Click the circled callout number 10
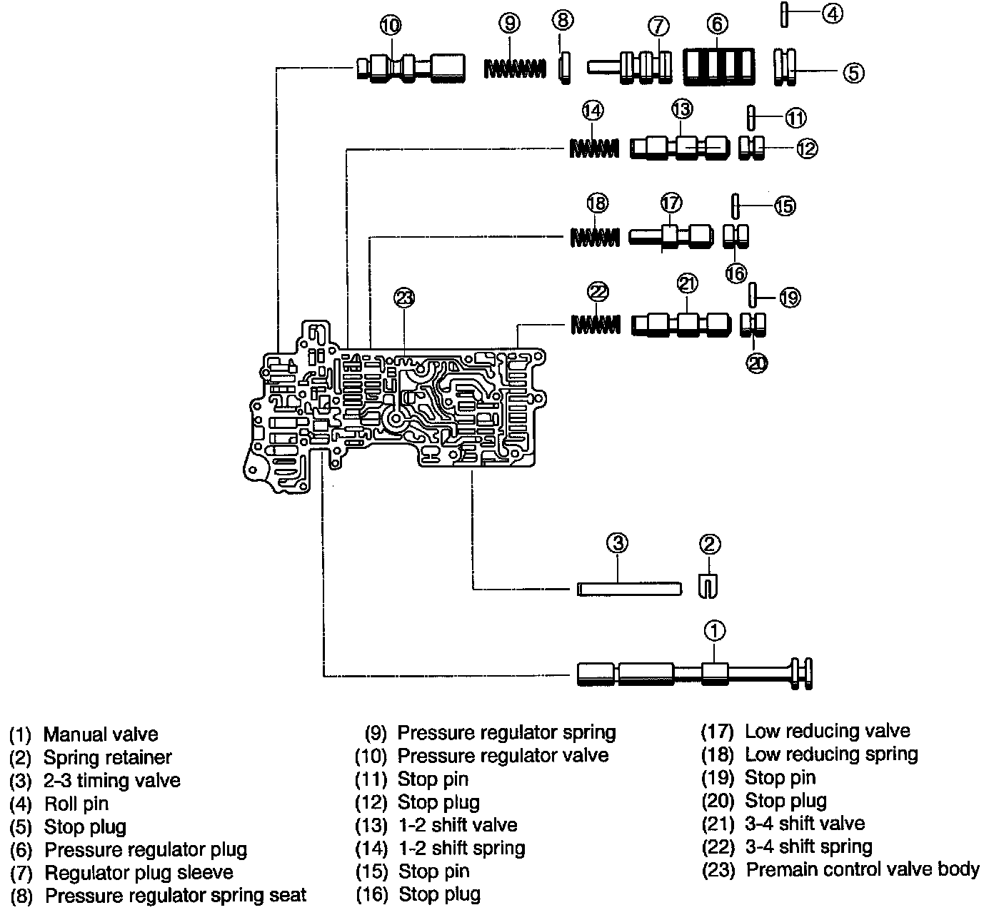pyautogui.click(x=391, y=25)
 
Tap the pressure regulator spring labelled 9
pyautogui.click(x=515, y=69)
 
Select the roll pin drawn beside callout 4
pyautogui.click(x=784, y=14)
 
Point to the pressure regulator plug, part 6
pyautogui.click(x=719, y=66)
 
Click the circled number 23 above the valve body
pyautogui.click(x=404, y=298)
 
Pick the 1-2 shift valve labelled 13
pyautogui.click(x=680, y=148)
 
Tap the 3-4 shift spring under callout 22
pyautogui.click(x=596, y=325)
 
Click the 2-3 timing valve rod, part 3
pyautogui.click(x=629, y=589)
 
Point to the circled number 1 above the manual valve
pyautogui.click(x=715, y=631)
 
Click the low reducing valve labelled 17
pyautogui.click(x=671, y=236)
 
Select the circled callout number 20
pyautogui.click(x=757, y=363)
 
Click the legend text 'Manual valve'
pyautogui.click(x=101, y=734)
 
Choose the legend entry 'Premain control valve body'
pyautogui.click(x=863, y=869)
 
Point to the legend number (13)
pyautogui.click(x=371, y=825)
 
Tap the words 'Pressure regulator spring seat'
pyautogui.click(x=176, y=895)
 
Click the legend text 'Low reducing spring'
pyautogui.click(x=831, y=754)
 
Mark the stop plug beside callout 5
pyautogui.click(x=785, y=67)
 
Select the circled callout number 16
pyautogui.click(x=736, y=273)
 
